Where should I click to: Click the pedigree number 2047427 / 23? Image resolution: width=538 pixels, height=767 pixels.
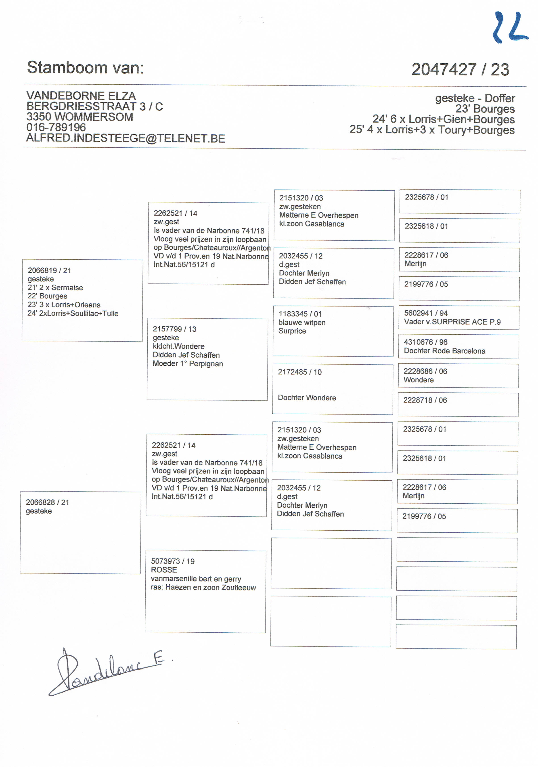(460, 69)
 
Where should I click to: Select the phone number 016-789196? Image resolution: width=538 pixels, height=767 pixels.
(56, 127)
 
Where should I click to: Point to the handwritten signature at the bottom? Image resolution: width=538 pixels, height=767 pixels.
(107, 671)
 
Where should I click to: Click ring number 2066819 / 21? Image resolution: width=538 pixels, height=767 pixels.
(49, 270)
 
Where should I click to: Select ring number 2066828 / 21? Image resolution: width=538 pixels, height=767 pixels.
(47, 502)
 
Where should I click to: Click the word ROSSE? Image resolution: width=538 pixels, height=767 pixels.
(164, 570)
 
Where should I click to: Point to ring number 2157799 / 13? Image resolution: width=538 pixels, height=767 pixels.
(174, 329)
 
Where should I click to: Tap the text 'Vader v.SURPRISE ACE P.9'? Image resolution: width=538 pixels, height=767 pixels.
(452, 322)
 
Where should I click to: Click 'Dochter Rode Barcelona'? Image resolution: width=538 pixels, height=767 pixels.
(444, 351)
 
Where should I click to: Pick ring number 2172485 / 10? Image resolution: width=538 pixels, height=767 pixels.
(300, 372)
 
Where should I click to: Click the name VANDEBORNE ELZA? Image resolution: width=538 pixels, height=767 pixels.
(81, 96)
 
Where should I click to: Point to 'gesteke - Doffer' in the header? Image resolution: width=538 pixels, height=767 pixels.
(475, 98)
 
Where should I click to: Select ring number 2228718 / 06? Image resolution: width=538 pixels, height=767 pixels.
(425, 400)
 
